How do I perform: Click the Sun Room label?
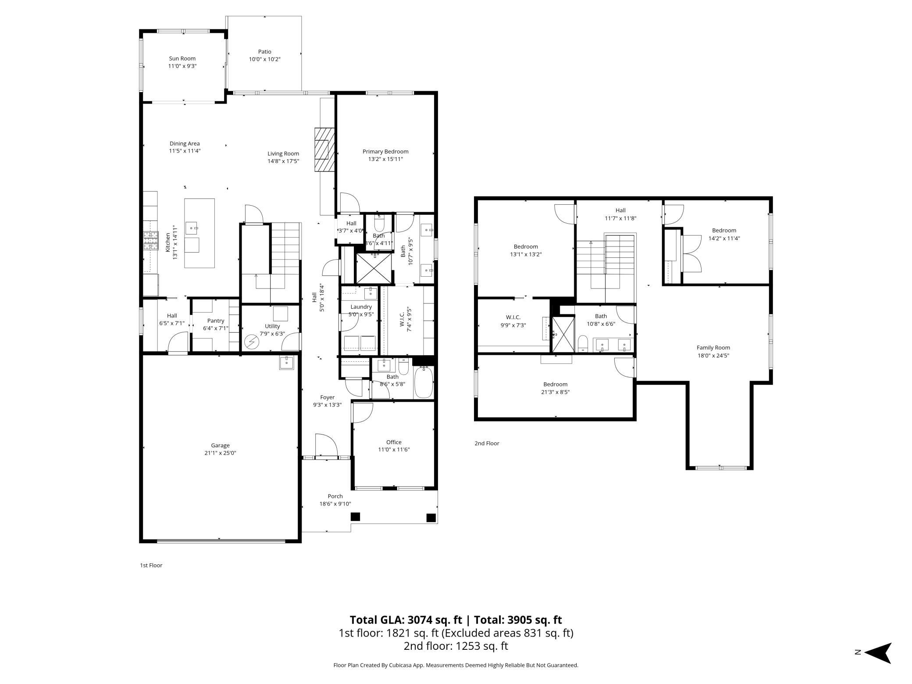click(182, 58)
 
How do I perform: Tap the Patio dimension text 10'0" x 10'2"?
click(264, 59)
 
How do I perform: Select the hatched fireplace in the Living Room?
click(324, 150)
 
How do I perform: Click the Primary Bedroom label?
click(385, 152)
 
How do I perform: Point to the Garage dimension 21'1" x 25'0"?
click(220, 453)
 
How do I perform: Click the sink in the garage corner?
click(286, 363)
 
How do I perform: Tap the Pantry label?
click(215, 321)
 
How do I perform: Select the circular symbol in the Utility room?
click(252, 341)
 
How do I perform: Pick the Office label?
click(394, 442)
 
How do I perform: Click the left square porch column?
click(355, 517)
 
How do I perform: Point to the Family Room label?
click(713, 348)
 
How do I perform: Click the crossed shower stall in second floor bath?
click(563, 335)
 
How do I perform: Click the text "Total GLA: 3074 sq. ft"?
click(406, 620)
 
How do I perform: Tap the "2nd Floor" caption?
click(487, 443)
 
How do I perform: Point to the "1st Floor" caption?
click(151, 565)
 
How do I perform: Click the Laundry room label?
click(361, 307)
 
